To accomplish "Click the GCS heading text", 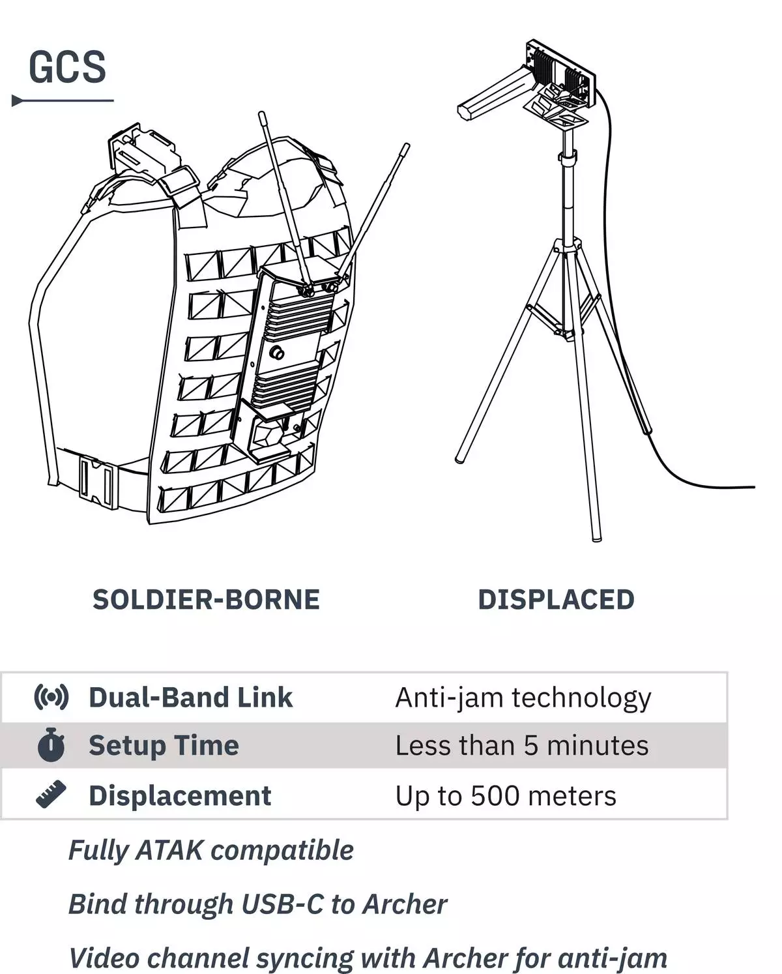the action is [x=67, y=67].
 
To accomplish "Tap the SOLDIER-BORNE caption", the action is [x=207, y=600].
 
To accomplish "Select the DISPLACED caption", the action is [x=556, y=600].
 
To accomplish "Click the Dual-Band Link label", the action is [x=191, y=698].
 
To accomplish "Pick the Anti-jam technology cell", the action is [x=523, y=698].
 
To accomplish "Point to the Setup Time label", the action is [x=164, y=746].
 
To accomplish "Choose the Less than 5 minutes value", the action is [x=522, y=745].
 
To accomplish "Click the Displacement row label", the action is [x=180, y=796].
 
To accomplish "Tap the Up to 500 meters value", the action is [x=506, y=795].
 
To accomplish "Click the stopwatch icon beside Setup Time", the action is [x=51, y=745].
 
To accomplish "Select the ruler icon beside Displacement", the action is [x=51, y=795].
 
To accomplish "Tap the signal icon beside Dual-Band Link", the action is [x=51, y=698].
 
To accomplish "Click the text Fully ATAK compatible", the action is [x=211, y=851].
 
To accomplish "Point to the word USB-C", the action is [x=283, y=905].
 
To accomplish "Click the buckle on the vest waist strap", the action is [x=96, y=482].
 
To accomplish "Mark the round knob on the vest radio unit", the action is [x=276, y=352].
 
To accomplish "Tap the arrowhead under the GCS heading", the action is [x=18, y=100].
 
